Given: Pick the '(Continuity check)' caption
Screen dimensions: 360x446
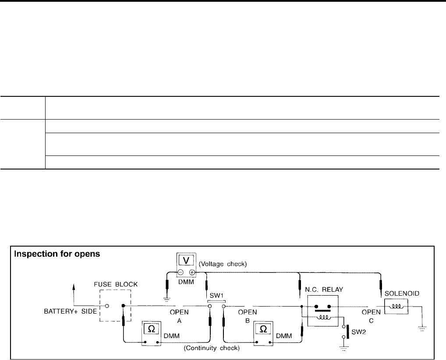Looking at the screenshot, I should point(212,349).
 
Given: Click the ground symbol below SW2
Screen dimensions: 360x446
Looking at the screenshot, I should point(343,349).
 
